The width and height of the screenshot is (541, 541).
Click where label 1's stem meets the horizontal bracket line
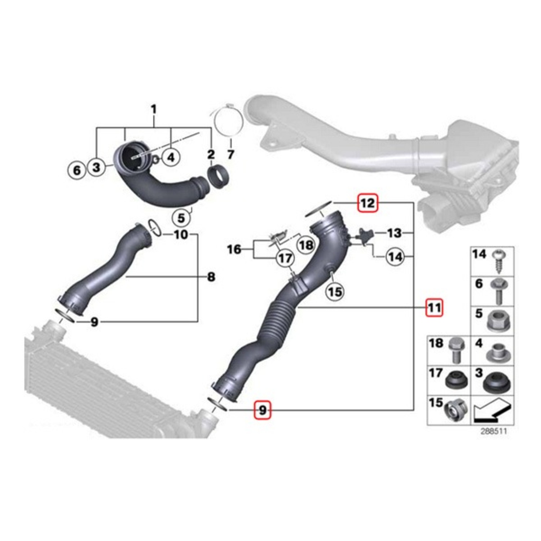pyautogui.click(x=154, y=128)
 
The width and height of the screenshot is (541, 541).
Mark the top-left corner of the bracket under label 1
pyautogui.click(x=96, y=128)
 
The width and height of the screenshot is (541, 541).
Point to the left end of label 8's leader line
pyautogui.click(x=126, y=277)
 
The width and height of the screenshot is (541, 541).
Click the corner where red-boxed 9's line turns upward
pyautogui.click(x=413, y=410)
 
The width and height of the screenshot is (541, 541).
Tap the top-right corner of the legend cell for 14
pyautogui.click(x=514, y=247)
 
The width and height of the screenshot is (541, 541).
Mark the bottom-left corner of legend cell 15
pyautogui.click(x=427, y=425)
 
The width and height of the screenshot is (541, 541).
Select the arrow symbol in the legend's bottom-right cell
pyautogui.click(x=492, y=410)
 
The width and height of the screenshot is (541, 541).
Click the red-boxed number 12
pyautogui.click(x=368, y=203)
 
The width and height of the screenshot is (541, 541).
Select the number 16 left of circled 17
pyautogui.click(x=234, y=249)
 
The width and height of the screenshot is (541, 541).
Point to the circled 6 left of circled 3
pyautogui.click(x=77, y=170)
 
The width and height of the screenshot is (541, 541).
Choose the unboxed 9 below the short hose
pyautogui.click(x=94, y=322)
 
